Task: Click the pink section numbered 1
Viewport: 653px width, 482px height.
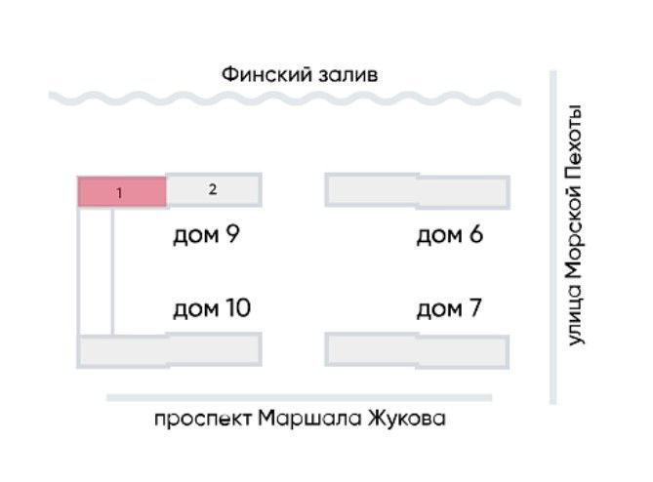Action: [x=122, y=192]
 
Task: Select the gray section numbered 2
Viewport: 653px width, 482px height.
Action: [x=213, y=190]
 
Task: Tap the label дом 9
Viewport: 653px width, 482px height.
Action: [x=206, y=235]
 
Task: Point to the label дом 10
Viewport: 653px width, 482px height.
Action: [x=212, y=309]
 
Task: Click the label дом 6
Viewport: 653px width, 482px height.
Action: [x=449, y=235]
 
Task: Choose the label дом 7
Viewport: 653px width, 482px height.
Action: [x=449, y=309]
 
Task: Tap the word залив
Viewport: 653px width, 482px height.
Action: [x=349, y=74]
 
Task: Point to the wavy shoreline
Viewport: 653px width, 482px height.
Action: [x=283, y=99]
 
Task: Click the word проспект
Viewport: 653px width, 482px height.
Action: [x=202, y=420]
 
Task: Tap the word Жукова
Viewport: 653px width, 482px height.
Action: [x=406, y=420]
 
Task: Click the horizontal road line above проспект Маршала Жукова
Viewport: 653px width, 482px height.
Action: [x=299, y=397]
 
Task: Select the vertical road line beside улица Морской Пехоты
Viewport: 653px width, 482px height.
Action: [x=552, y=234]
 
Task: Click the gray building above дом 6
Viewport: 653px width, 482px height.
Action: [x=417, y=190]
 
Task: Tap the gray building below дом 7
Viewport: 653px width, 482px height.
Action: [x=417, y=349]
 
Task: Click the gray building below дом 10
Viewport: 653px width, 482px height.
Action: [x=169, y=349]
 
